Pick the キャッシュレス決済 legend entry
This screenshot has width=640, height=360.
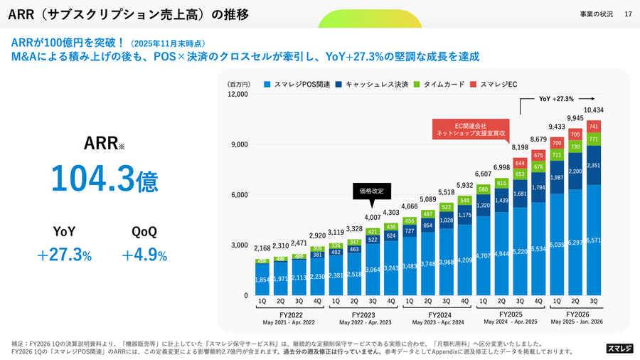click(x=373, y=84)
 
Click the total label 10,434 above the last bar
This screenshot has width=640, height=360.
click(x=594, y=110)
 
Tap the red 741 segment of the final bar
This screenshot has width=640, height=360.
click(x=594, y=126)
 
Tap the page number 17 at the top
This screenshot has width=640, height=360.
click(x=627, y=14)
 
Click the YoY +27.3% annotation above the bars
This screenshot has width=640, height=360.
click(x=556, y=99)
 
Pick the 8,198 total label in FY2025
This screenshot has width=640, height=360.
click(x=520, y=147)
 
